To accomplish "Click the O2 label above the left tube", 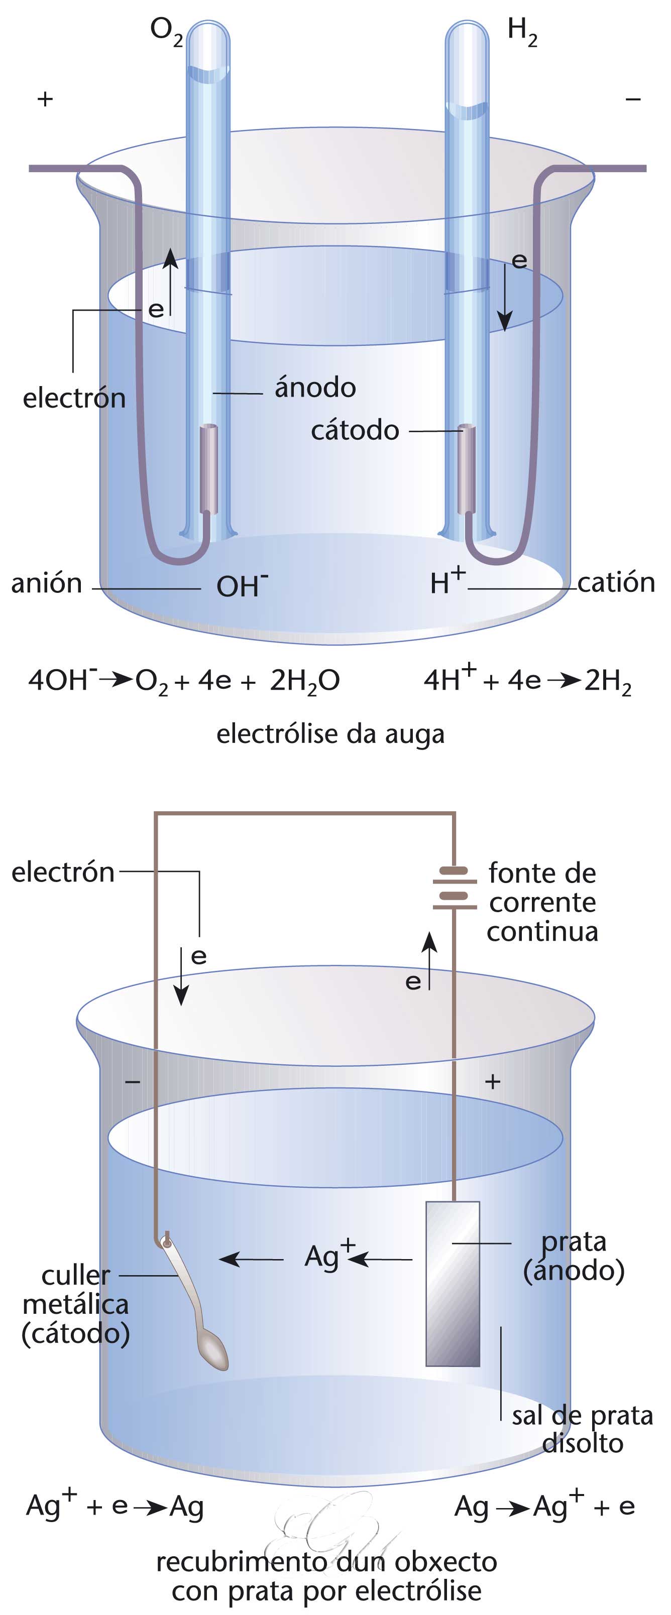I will pos(166,31).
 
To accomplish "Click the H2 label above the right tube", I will pos(522,31).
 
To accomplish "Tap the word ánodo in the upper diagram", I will pos(315,388).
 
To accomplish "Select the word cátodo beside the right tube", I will pos(355,431).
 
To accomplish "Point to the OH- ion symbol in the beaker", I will pos(242,585).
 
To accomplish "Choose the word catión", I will pos(616,582).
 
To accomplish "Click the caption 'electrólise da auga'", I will pos(330,733).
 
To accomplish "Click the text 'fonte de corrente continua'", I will pos(542,902).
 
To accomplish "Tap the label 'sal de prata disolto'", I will pos(582,1429).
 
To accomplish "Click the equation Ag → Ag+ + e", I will pos(544,1506).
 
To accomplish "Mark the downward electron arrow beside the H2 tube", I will pos(504,298).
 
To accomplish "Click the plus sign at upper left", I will pos(45,99).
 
